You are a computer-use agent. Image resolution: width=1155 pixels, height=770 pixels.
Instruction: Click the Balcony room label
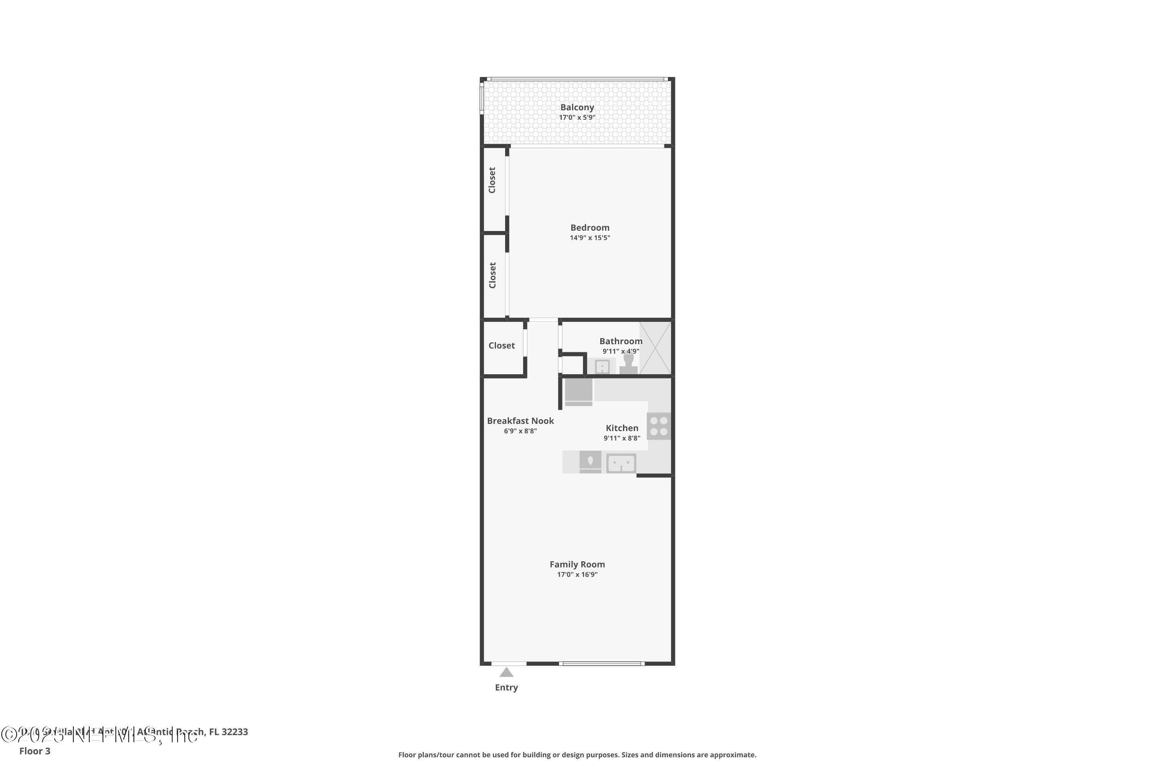(x=577, y=107)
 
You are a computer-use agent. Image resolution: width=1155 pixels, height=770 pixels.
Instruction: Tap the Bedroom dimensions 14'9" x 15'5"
(x=590, y=238)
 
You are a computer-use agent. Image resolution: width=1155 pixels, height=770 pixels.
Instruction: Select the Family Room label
(x=577, y=564)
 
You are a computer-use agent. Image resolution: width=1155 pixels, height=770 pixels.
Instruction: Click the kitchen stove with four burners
(x=658, y=426)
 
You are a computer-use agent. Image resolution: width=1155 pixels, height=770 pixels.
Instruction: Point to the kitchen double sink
(x=621, y=463)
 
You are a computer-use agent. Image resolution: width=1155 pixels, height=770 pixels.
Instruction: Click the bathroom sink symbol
(x=602, y=367)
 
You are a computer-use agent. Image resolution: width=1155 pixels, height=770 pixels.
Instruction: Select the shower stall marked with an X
(x=655, y=348)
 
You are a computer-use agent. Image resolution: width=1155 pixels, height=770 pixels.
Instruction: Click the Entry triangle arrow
(x=506, y=672)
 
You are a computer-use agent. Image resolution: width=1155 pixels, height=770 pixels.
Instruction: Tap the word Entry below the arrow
(x=506, y=688)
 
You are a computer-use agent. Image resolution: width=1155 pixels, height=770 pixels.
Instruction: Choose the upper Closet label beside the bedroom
(x=492, y=180)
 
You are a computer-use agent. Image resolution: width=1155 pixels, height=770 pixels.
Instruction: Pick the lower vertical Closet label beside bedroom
(x=492, y=275)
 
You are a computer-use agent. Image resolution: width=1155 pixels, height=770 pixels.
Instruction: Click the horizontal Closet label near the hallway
(x=501, y=346)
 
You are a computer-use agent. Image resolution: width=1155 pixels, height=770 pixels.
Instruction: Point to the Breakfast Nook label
(x=520, y=421)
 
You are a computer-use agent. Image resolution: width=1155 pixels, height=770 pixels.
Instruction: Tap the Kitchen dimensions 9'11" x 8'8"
(x=622, y=438)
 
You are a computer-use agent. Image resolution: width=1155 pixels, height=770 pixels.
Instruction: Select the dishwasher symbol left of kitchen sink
(x=590, y=462)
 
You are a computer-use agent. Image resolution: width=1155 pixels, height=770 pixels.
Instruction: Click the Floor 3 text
(x=35, y=751)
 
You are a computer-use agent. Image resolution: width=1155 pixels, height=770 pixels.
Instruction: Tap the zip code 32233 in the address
(x=235, y=732)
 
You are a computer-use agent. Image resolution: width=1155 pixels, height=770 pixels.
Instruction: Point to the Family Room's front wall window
(x=601, y=663)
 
